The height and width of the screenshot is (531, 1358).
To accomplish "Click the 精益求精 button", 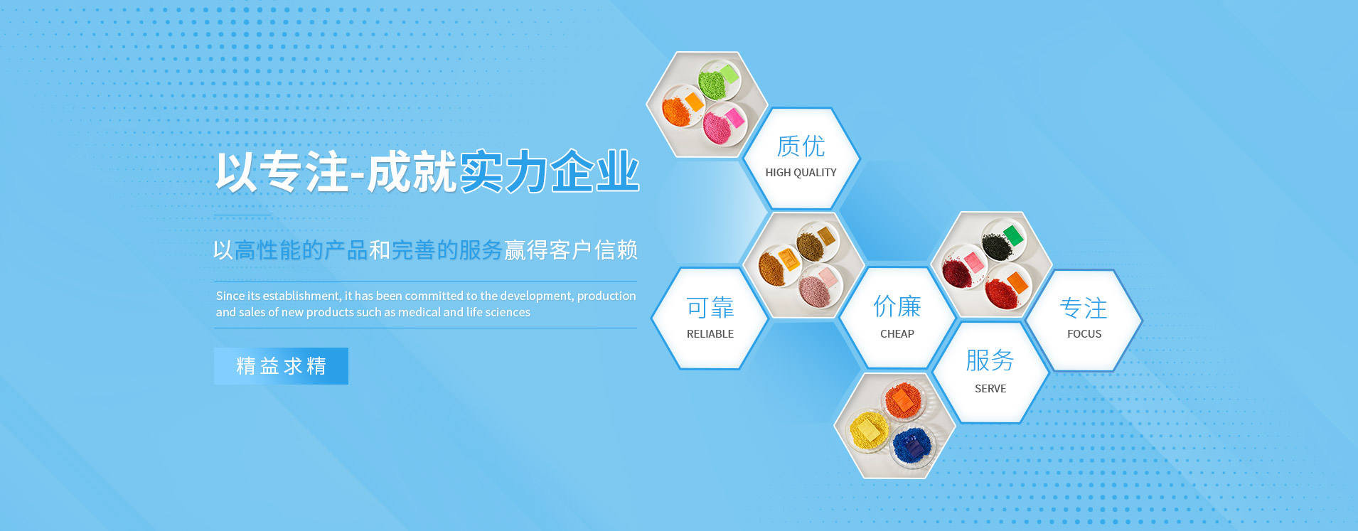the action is tap(281, 366).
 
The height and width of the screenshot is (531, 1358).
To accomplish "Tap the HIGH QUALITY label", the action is tap(801, 173).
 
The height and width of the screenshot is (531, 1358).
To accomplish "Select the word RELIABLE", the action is tap(710, 334).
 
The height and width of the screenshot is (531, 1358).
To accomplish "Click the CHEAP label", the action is tap(897, 334).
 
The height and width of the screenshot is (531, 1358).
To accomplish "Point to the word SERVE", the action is tap(990, 389).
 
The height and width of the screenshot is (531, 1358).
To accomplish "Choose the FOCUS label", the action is tap(1084, 334).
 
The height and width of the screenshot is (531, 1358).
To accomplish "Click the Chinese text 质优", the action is tap(801, 146).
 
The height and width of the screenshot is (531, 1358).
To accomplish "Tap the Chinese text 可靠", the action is tap(710, 308).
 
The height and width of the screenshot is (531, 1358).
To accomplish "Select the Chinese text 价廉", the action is tap(897, 307).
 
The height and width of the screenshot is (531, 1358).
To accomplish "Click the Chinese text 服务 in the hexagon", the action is tap(990, 360).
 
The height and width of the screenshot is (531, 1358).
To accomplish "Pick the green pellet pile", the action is tap(713, 82).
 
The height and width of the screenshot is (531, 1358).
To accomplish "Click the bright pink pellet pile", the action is tap(720, 126).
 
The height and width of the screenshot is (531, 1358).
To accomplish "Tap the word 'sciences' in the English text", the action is tap(508, 312).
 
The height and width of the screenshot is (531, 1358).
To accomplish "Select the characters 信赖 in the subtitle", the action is tap(616, 250).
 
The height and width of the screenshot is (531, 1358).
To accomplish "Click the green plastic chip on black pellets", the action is tap(1013, 235).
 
